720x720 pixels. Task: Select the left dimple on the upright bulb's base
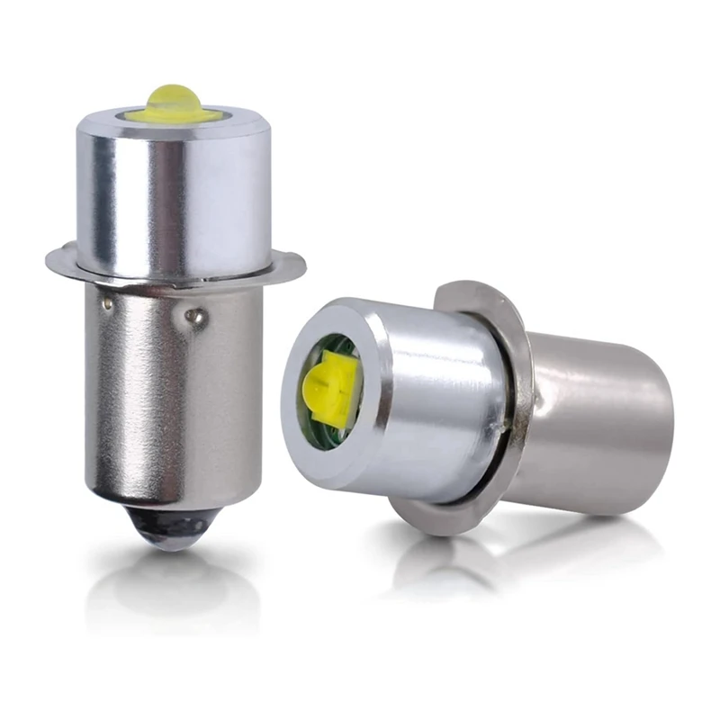[x=107, y=304]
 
